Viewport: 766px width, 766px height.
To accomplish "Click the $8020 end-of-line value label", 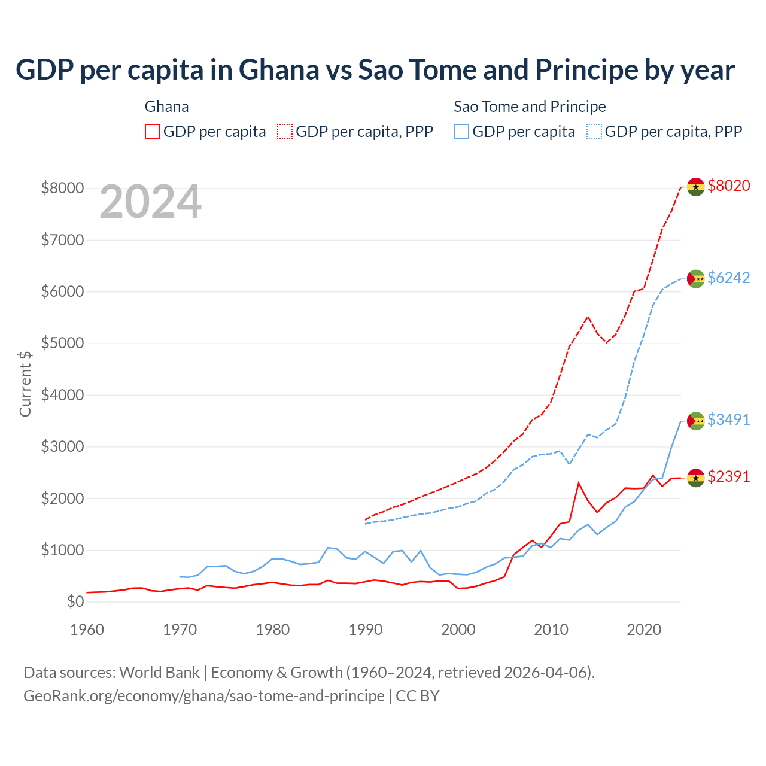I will point(728,186).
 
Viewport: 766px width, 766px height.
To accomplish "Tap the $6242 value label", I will point(728,278).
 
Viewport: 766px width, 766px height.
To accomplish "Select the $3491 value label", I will point(728,420).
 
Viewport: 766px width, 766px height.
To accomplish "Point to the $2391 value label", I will point(728,476).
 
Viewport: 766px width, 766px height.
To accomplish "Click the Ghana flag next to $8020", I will point(695,187).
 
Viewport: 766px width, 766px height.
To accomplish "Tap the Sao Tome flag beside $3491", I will point(695,421).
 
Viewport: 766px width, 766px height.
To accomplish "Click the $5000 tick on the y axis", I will point(62,344).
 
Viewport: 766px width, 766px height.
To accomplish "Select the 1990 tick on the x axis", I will point(365,630).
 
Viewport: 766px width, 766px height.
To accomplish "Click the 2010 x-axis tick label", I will point(551,630).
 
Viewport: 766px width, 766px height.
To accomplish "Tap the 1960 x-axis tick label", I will point(87,630).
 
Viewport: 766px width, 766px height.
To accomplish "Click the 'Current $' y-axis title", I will point(25,384).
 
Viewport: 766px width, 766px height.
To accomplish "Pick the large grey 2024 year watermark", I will point(150,202).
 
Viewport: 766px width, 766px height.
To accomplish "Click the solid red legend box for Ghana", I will point(153,132).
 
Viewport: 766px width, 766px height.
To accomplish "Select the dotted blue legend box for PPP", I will point(594,132).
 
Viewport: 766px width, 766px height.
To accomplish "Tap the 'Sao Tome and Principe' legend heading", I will point(530,107).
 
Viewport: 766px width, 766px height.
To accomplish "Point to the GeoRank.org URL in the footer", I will point(204,696).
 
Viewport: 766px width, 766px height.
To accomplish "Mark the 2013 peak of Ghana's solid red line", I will point(579,482).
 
